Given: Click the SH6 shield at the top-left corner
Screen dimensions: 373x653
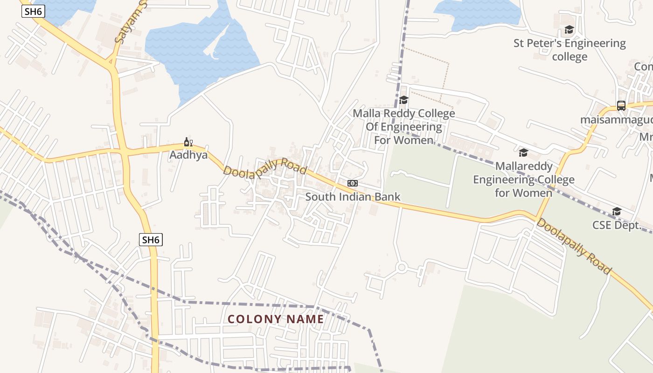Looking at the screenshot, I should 33,11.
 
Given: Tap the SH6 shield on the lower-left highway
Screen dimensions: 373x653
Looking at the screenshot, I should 151,240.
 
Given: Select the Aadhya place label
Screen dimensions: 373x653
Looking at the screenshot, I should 188,155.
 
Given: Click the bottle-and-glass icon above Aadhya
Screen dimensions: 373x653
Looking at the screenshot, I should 188,142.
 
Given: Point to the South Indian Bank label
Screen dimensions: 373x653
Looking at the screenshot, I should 353,196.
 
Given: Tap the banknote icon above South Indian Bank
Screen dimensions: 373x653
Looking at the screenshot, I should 353,183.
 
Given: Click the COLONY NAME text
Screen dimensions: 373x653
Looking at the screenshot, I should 276,319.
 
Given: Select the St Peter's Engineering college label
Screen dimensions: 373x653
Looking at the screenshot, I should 570,50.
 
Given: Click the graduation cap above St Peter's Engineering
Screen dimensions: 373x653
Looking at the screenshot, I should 569,30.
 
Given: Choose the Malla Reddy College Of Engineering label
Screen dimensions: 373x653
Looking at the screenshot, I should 403,126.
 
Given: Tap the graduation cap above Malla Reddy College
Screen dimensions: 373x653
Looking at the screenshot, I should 404,100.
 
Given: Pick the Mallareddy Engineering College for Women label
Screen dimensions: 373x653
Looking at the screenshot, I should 523,179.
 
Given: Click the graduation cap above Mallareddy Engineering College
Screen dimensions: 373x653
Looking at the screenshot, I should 523,153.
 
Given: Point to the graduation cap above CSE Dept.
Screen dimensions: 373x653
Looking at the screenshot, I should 617,212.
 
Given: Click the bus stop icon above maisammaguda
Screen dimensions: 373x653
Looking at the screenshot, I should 621,106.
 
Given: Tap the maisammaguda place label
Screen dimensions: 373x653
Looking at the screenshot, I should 616,120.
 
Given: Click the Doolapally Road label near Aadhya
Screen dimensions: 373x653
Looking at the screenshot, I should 264,167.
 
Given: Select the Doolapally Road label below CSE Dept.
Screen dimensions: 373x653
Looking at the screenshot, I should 573,246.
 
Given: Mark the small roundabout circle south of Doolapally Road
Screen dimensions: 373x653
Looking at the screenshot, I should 402,268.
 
